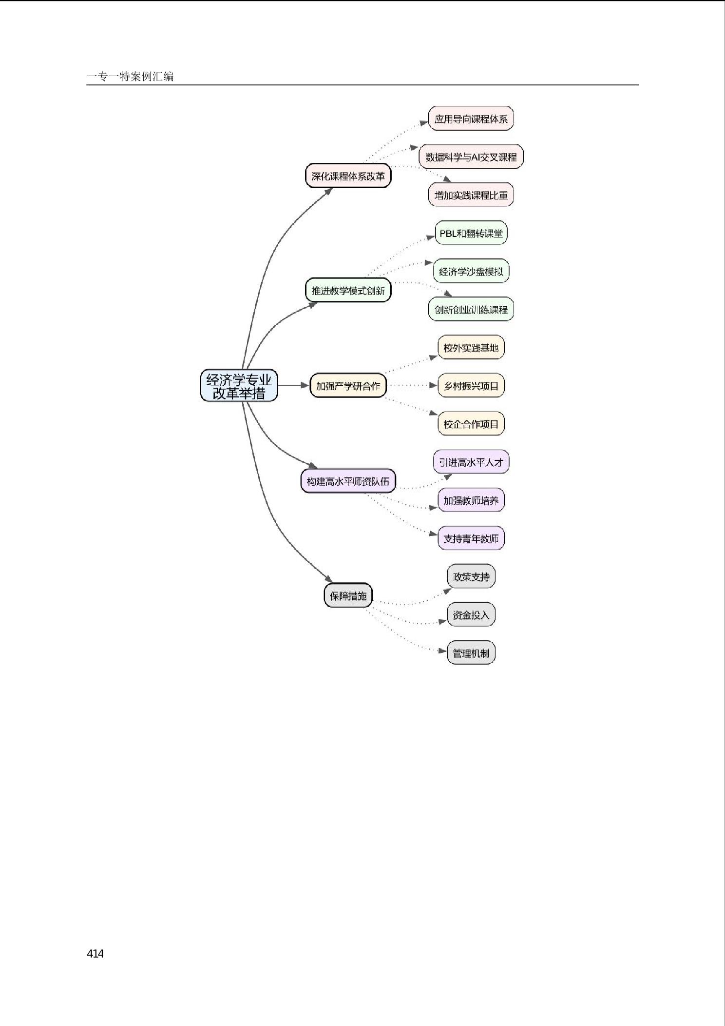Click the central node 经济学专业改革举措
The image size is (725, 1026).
coord(239,385)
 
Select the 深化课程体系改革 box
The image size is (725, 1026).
coord(348,176)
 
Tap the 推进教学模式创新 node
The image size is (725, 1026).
coord(348,290)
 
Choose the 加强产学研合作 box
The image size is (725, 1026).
coord(348,386)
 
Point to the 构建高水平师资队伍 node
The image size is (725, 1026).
coord(348,481)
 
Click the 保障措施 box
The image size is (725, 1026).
coord(348,595)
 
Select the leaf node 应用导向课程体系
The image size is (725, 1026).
coord(471,118)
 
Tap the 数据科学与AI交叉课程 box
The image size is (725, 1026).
coord(471,157)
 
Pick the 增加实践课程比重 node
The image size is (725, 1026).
coord(471,195)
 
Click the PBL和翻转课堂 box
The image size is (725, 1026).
coord(471,233)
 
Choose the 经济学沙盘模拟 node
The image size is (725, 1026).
coord(471,271)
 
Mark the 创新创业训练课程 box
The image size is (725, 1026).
coord(471,309)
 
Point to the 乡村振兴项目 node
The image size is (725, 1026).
coord(471,386)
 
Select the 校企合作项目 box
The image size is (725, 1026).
coord(471,424)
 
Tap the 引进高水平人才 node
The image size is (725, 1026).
coord(471,462)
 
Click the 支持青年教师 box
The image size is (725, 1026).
coord(471,538)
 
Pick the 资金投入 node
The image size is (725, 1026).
coord(471,614)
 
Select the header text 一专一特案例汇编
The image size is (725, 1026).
coord(130,76)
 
